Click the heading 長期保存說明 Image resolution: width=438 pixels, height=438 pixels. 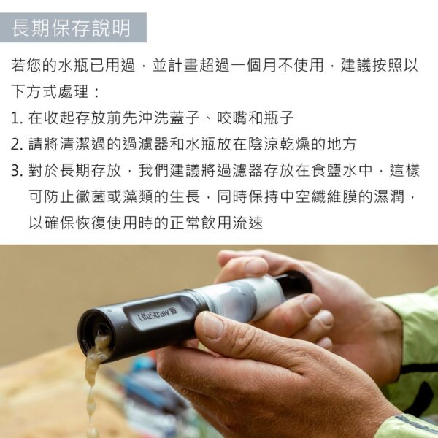point(71,28)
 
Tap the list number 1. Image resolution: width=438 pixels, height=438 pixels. point(16,118)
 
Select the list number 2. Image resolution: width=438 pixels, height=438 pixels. point(17,145)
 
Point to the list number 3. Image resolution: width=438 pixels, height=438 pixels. point(17,171)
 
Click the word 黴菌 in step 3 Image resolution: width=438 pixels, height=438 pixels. point(91,196)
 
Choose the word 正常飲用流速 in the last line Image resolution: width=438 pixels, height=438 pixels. point(216,223)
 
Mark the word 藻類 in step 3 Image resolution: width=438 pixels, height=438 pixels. point(138,196)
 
